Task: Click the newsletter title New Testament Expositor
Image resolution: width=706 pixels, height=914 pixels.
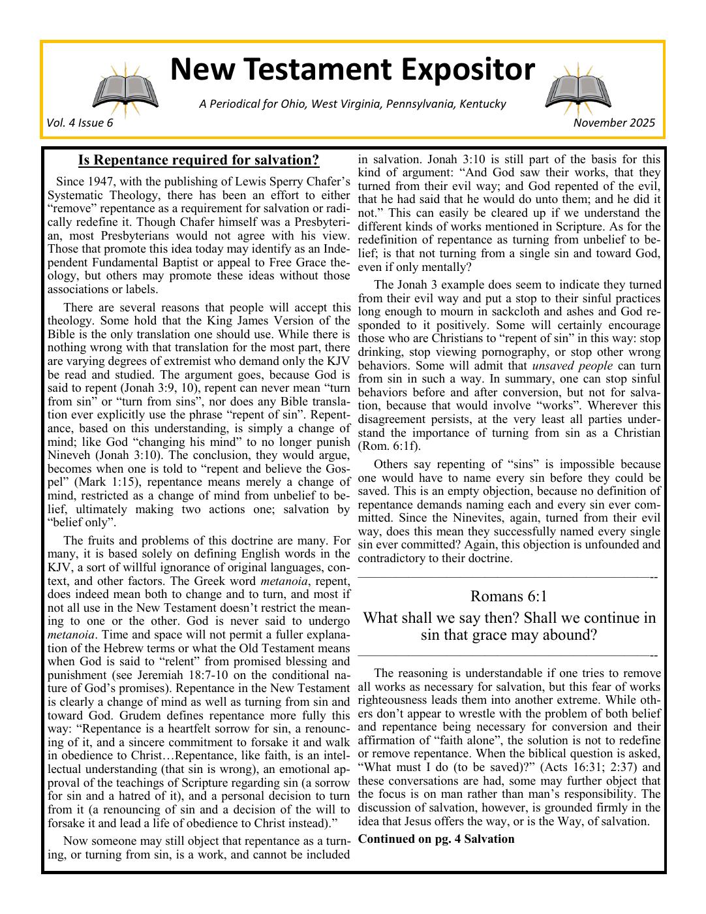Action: [352, 70]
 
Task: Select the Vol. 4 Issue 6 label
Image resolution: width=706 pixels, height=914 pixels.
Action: [80, 123]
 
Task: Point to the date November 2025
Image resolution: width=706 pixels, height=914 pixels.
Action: [614, 123]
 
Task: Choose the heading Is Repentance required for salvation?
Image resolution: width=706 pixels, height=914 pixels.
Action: [198, 160]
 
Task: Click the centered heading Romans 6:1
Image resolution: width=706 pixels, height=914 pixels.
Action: [508, 596]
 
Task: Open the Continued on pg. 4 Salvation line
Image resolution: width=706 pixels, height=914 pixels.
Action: [436, 839]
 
